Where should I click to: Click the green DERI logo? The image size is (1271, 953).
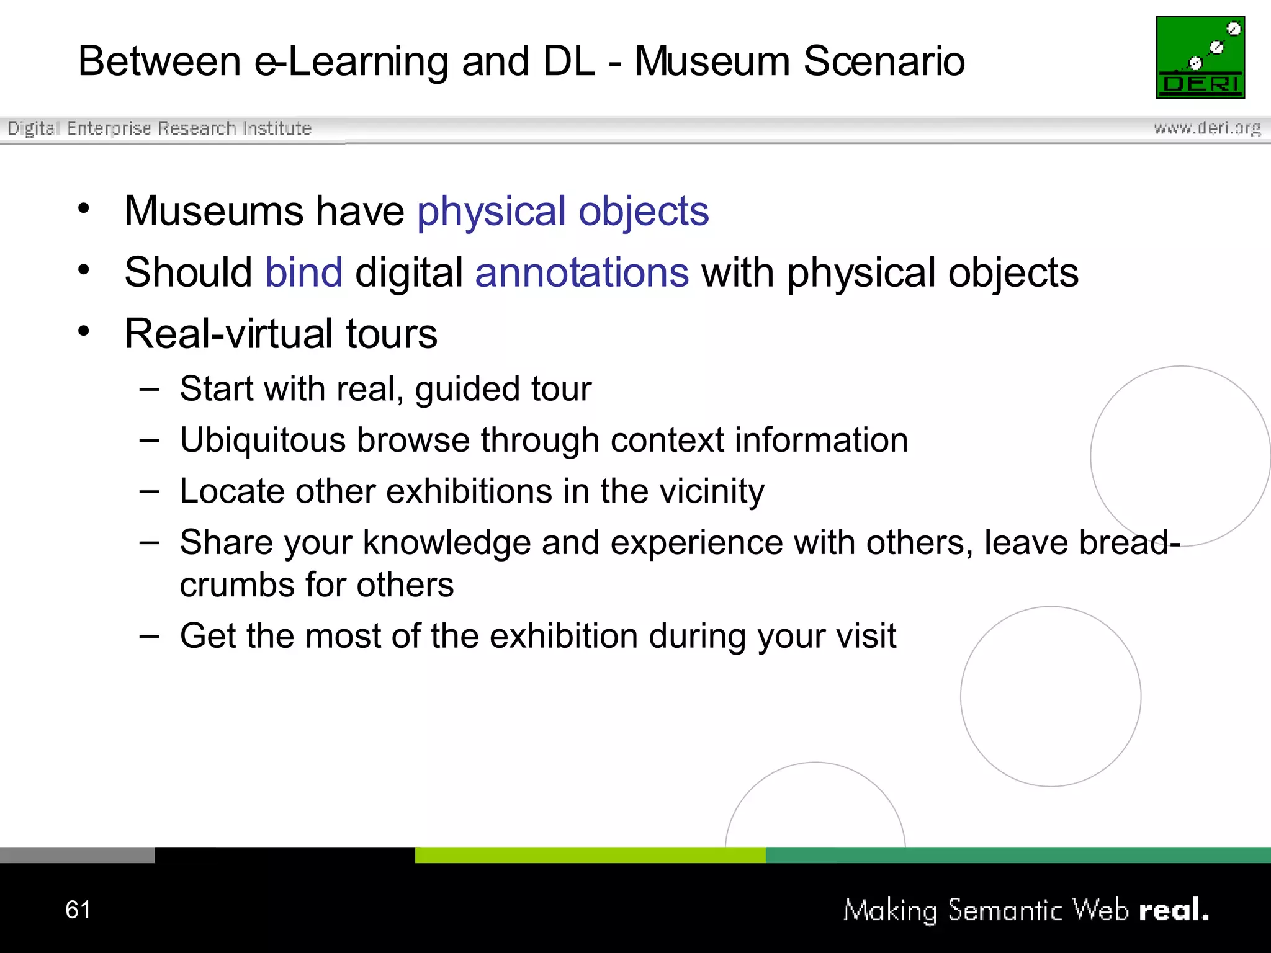click(1200, 57)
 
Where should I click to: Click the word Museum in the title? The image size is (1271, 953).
click(711, 61)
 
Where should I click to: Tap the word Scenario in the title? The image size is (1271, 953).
click(884, 61)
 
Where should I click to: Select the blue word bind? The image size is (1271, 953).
click(303, 272)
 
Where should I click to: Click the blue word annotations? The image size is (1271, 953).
click(582, 272)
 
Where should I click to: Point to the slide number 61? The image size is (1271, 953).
click(78, 910)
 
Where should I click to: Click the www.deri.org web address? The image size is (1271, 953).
click(1206, 128)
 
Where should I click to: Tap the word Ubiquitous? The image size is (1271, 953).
click(263, 441)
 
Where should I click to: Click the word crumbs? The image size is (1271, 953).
click(236, 585)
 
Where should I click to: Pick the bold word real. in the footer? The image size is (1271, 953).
click(1174, 910)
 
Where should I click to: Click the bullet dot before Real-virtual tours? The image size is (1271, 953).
click(84, 331)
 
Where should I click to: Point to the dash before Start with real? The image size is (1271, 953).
click(149, 390)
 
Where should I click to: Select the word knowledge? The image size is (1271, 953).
click(447, 544)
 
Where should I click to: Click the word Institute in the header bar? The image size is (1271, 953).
click(277, 128)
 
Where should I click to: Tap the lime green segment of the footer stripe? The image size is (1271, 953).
click(590, 855)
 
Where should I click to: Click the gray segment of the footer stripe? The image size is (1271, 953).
click(77, 855)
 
